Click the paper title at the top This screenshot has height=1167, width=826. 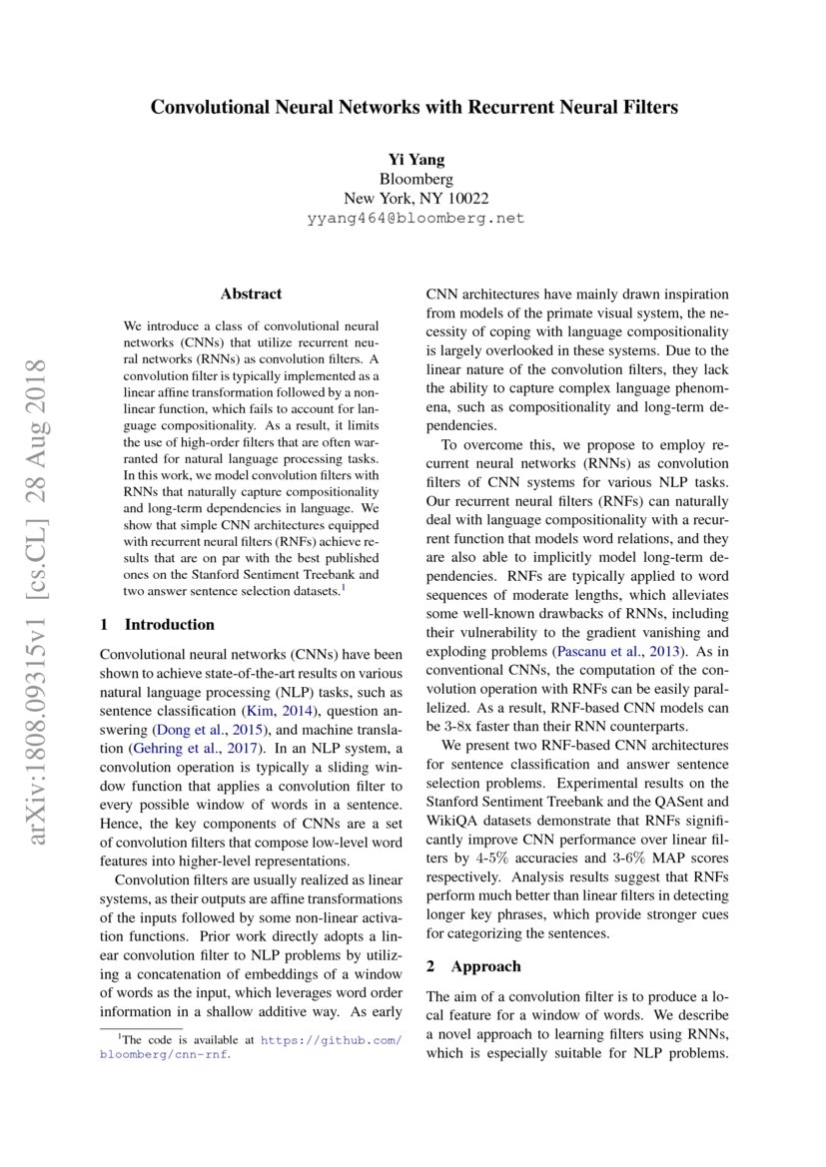pyautogui.click(x=413, y=107)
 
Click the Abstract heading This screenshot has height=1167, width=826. pyautogui.click(x=251, y=293)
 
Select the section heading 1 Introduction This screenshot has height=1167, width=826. pyautogui.click(x=158, y=625)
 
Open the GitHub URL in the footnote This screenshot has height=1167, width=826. pyautogui.click(x=330, y=1039)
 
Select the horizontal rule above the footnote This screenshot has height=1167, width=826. pyautogui.click(x=142, y=1027)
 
